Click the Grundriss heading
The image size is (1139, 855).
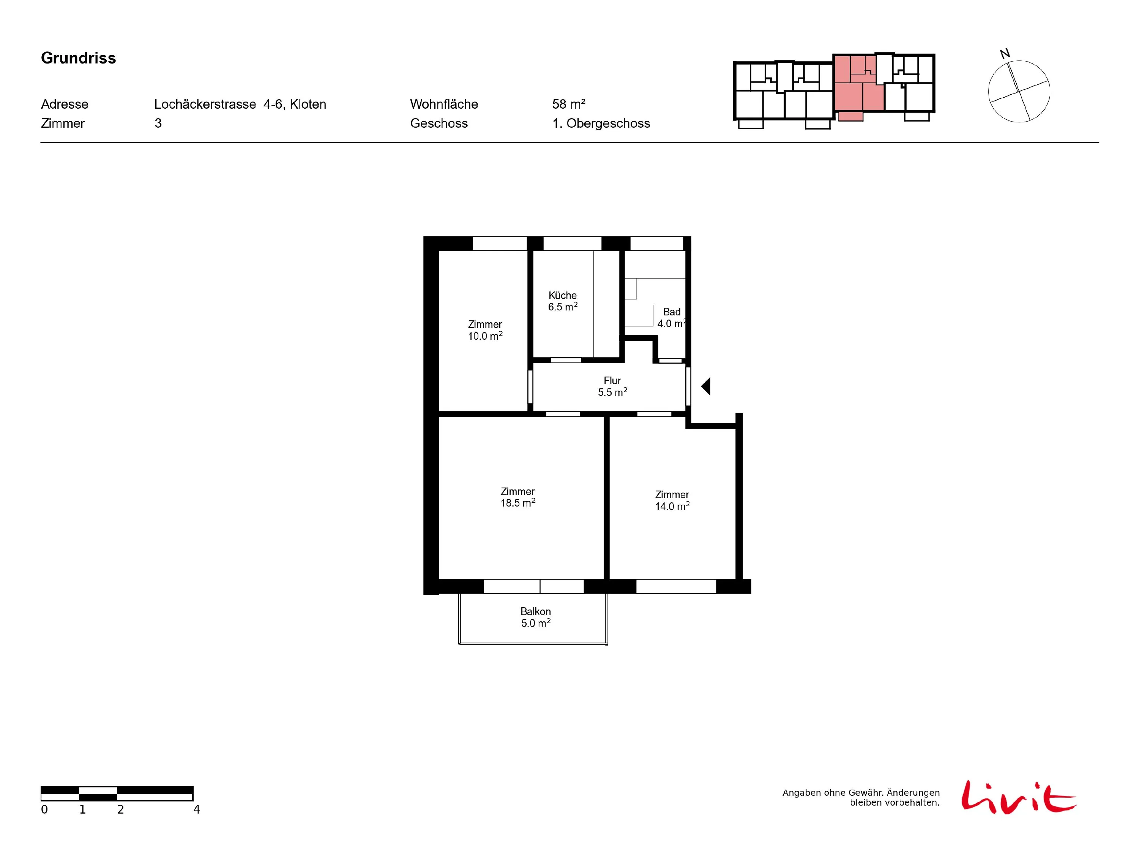coord(78,58)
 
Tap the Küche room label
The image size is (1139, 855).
coord(562,295)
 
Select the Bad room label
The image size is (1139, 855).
coord(672,312)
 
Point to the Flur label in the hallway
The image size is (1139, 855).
coord(612,380)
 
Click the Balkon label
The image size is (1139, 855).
coord(535,611)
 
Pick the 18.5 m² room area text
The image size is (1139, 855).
coord(518,502)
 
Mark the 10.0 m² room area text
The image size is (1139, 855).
coord(485,336)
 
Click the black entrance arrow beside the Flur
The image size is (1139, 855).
coord(706,386)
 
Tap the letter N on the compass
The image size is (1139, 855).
coord(1005,54)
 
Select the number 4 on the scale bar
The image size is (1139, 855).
coord(197,809)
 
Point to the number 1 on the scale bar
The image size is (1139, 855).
coord(82,809)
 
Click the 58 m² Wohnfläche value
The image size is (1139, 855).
coord(568,104)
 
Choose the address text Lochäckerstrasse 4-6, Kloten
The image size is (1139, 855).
coord(240,104)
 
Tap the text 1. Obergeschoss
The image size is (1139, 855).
coord(601,123)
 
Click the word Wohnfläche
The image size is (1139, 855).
coord(444,104)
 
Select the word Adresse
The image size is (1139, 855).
coord(65,104)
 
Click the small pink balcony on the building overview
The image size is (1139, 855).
coord(851,117)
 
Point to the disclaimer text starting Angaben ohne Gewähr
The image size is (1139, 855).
coord(861,797)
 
